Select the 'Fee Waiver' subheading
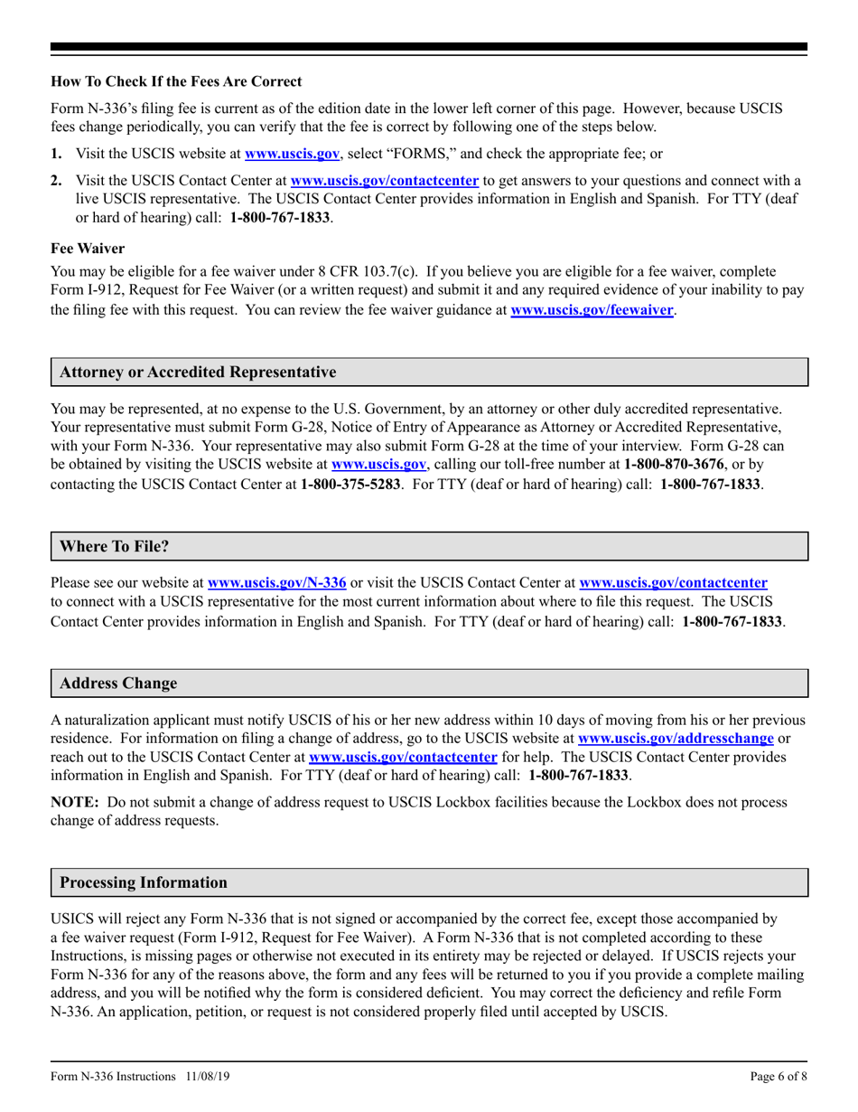point(88,247)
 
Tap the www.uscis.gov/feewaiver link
point(592,310)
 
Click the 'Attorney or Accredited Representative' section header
point(198,372)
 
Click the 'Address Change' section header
point(118,683)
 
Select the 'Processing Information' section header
point(144,881)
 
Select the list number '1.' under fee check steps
point(56,154)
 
